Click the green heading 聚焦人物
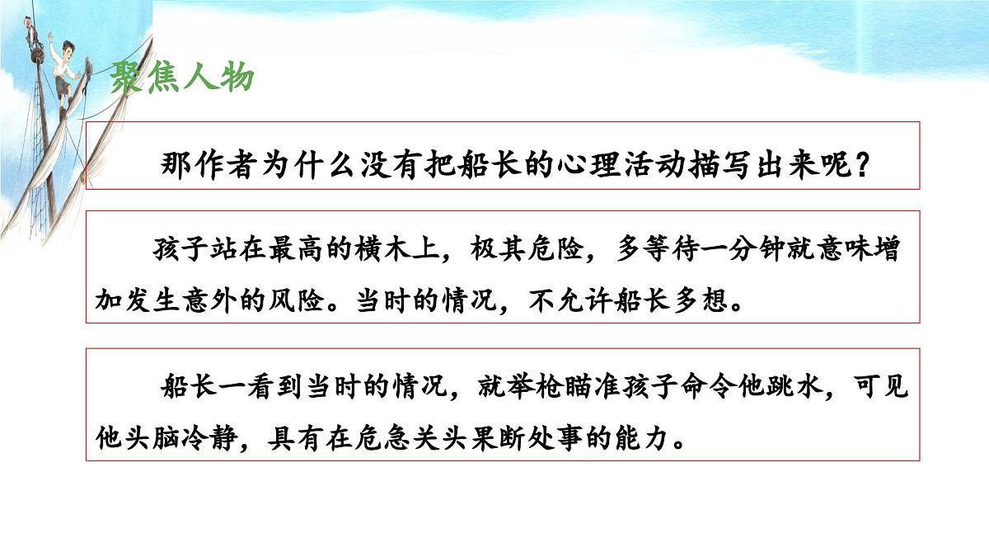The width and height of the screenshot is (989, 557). pos(182,79)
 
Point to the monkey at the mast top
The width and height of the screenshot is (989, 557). pos(35,18)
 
